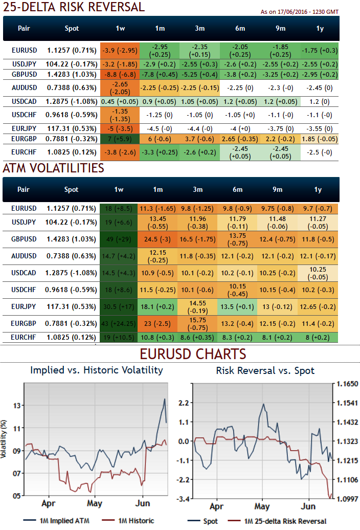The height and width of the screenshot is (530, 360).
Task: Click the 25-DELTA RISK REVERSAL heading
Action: (x=74, y=7)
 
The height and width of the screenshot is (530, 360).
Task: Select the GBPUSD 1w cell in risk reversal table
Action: (x=120, y=74)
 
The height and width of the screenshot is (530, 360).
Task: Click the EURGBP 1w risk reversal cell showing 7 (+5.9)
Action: (x=120, y=139)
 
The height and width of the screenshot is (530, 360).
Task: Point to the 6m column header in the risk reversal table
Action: (x=237, y=29)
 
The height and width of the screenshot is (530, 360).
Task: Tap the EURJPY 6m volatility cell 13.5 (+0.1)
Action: (x=237, y=306)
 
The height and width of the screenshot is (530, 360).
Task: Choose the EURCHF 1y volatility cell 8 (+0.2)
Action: (x=318, y=338)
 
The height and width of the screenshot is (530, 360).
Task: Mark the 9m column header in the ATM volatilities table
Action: (x=278, y=190)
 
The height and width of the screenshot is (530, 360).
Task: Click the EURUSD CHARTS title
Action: (x=193, y=354)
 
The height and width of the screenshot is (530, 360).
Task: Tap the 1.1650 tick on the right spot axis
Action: (x=345, y=384)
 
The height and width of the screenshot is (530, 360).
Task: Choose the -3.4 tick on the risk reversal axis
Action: (x=185, y=498)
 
